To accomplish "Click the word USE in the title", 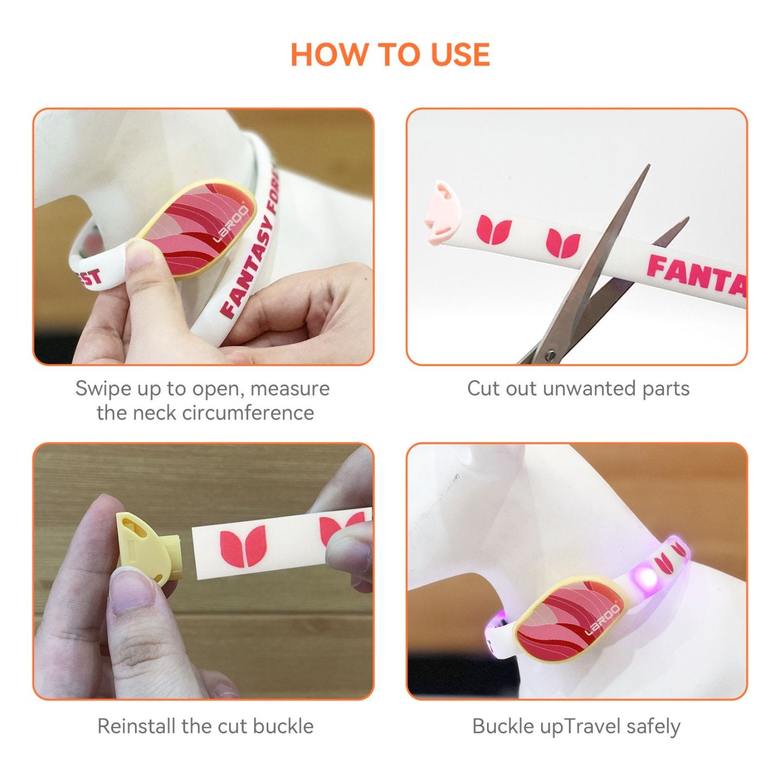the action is coord(460,55).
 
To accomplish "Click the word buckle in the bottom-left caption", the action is coord(283,726).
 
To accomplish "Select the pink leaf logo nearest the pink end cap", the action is coord(494,229).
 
